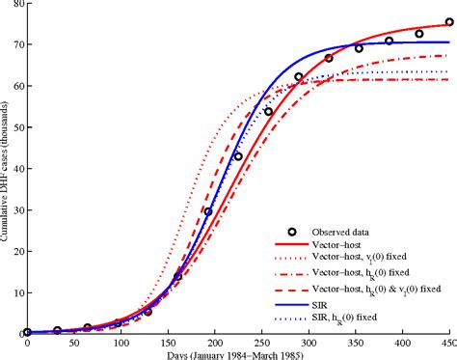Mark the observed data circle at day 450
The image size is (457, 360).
click(448, 21)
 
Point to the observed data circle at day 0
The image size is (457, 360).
click(27, 332)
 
